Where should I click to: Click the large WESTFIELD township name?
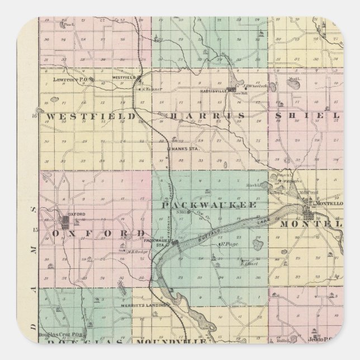pos(91,116)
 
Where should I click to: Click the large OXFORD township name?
pos(100,232)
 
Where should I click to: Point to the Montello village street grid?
pos(309,211)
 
